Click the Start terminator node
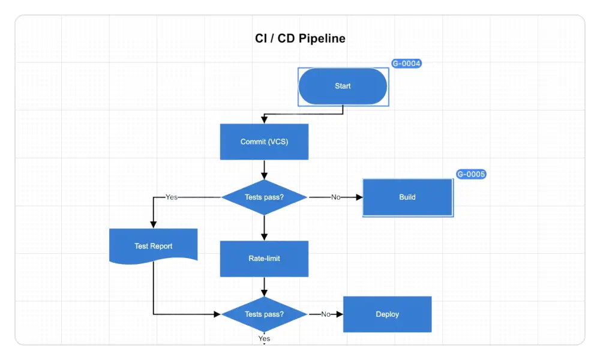click(x=343, y=86)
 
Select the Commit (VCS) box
click(x=264, y=142)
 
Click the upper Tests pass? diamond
click(x=264, y=197)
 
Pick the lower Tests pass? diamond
click(x=264, y=314)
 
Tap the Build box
click(x=407, y=197)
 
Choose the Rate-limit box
click(x=264, y=259)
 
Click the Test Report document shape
click(x=153, y=245)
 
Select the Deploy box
click(x=387, y=314)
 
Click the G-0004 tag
click(x=406, y=63)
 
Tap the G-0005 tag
click(x=470, y=175)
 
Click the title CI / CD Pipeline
click(x=300, y=38)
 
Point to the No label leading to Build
click(x=336, y=197)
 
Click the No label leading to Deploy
click(x=326, y=314)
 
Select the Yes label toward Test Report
click(x=172, y=197)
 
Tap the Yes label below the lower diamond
click(x=264, y=338)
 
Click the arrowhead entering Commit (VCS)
click(x=264, y=120)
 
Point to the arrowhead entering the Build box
click(x=359, y=197)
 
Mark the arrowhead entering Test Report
click(x=153, y=224)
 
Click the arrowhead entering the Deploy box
click(x=339, y=314)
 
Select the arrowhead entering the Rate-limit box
click(x=264, y=237)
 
